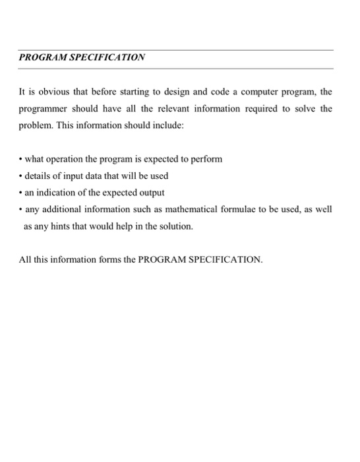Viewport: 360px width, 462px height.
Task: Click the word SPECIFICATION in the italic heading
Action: coord(103,58)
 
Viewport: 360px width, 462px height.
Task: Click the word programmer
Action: coord(43,108)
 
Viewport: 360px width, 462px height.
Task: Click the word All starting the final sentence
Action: coord(25,259)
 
